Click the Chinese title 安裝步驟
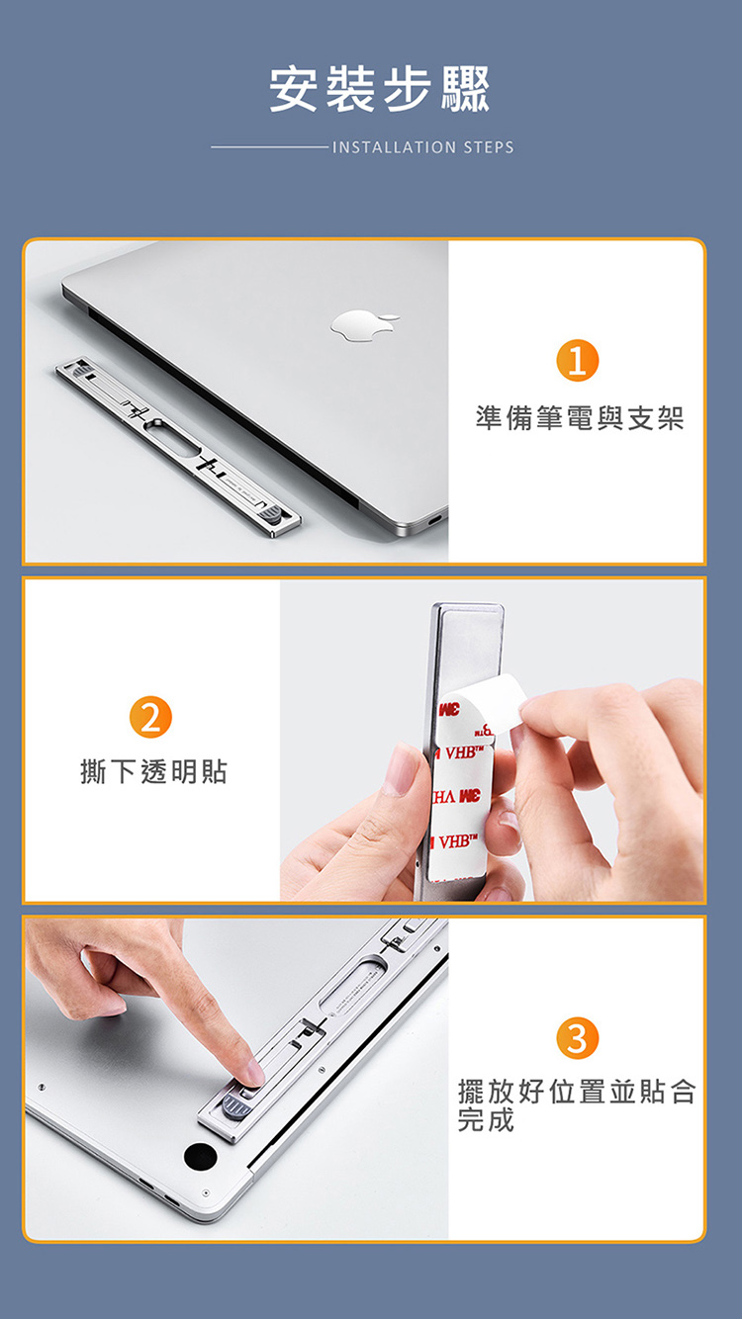coord(379,89)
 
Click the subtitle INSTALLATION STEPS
coord(422,147)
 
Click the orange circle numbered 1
coord(577,360)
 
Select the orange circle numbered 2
coord(149,717)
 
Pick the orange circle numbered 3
coord(577,1038)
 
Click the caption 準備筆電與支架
coord(579,418)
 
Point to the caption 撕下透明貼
coord(153,771)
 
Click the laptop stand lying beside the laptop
coord(178,447)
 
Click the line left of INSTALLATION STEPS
coord(268,147)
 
